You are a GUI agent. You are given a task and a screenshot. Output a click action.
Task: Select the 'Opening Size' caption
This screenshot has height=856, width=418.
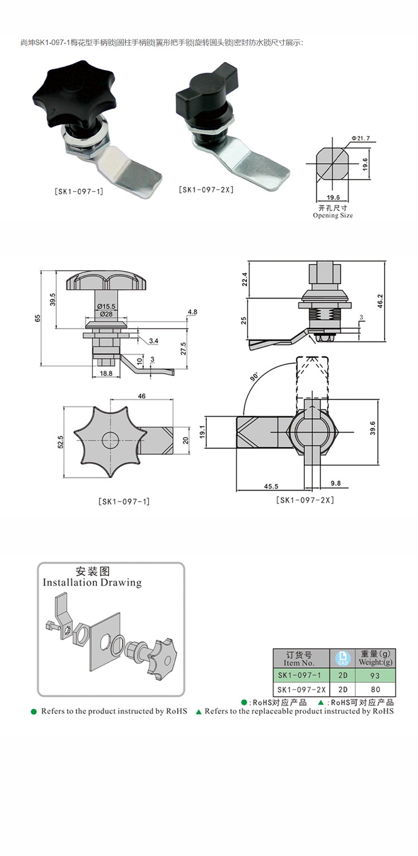333,215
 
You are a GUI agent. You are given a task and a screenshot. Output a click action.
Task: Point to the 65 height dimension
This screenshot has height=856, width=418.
37,318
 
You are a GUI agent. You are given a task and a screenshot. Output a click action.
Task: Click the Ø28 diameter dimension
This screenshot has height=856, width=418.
105,315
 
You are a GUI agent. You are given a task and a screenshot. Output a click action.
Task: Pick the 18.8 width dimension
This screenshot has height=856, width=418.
105,374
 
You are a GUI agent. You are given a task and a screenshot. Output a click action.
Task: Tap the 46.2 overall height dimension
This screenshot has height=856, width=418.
396,301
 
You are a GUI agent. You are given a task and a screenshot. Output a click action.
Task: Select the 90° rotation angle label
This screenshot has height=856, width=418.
254,377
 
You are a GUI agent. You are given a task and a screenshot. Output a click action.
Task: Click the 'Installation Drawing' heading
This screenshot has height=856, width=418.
92,583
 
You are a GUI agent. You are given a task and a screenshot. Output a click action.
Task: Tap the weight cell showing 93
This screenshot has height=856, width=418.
375,676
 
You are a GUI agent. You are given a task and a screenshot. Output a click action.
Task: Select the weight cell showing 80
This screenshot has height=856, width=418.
375,690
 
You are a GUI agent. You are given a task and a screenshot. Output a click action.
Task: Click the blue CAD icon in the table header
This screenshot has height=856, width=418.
342,658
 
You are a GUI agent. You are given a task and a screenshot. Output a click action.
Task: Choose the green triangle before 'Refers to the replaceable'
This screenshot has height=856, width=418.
199,711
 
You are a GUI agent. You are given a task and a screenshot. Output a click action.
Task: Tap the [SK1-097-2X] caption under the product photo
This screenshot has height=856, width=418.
206,189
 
